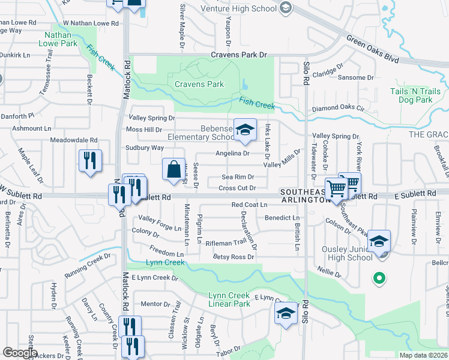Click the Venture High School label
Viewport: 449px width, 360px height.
tap(247, 8)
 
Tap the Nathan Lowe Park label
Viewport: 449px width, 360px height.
tap(58, 39)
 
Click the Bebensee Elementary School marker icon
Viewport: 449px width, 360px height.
tap(244, 131)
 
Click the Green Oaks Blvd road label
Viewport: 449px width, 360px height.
tap(372, 50)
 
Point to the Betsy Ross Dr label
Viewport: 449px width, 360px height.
tap(234, 257)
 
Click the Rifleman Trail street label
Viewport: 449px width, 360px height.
tap(226, 242)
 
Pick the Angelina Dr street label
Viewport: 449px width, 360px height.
tap(232, 153)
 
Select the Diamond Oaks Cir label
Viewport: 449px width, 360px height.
tap(337, 110)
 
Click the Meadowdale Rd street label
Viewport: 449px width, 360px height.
tap(73, 140)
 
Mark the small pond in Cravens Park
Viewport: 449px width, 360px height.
tap(245, 85)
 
